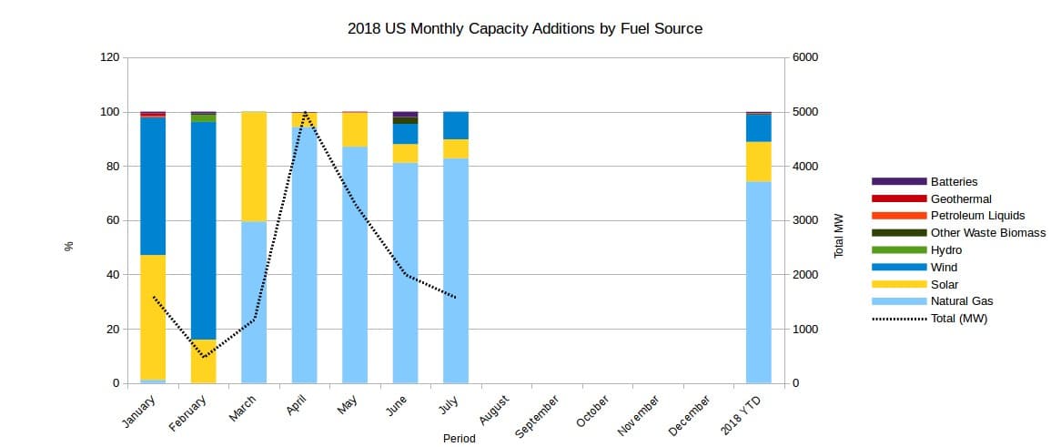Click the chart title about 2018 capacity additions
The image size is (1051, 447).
(x=525, y=28)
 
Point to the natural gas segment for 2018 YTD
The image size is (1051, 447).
(x=758, y=282)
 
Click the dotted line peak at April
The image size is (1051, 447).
(x=305, y=112)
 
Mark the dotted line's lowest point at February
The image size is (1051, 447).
(x=204, y=357)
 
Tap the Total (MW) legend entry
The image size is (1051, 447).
(x=959, y=319)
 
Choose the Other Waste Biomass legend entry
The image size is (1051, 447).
(x=987, y=233)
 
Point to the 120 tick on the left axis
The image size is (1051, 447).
(x=109, y=57)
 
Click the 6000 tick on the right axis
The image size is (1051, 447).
(x=806, y=57)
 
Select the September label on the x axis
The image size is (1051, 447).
(x=537, y=417)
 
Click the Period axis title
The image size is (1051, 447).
(x=459, y=438)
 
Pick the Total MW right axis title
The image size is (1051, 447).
(x=840, y=236)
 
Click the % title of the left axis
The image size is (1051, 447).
(x=69, y=246)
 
